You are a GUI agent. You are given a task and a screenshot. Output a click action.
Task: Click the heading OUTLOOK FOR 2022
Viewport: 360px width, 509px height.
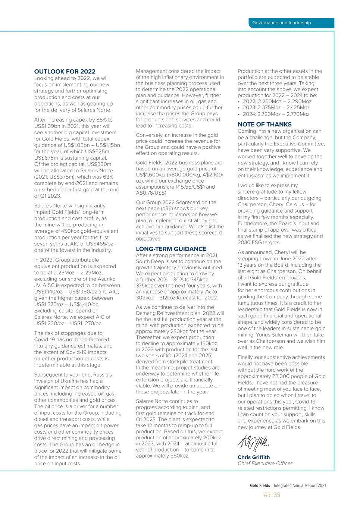point(65,72)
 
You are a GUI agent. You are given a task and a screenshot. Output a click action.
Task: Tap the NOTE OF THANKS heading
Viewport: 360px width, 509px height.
point(264,125)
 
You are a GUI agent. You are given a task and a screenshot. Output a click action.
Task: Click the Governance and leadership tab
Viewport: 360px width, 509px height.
point(281,23)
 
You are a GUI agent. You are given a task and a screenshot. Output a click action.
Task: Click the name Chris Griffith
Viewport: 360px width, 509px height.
point(254,457)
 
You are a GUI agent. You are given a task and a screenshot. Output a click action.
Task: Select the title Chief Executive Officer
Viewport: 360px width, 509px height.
point(265,464)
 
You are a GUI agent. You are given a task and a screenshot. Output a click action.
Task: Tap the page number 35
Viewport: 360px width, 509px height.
point(277,495)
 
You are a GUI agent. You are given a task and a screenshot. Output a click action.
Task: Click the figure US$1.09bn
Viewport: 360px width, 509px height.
point(47,126)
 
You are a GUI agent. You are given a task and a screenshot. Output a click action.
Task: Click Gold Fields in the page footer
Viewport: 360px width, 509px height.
point(260,486)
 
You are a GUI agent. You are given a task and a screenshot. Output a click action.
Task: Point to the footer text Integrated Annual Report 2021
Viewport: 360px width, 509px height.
point(300,486)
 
